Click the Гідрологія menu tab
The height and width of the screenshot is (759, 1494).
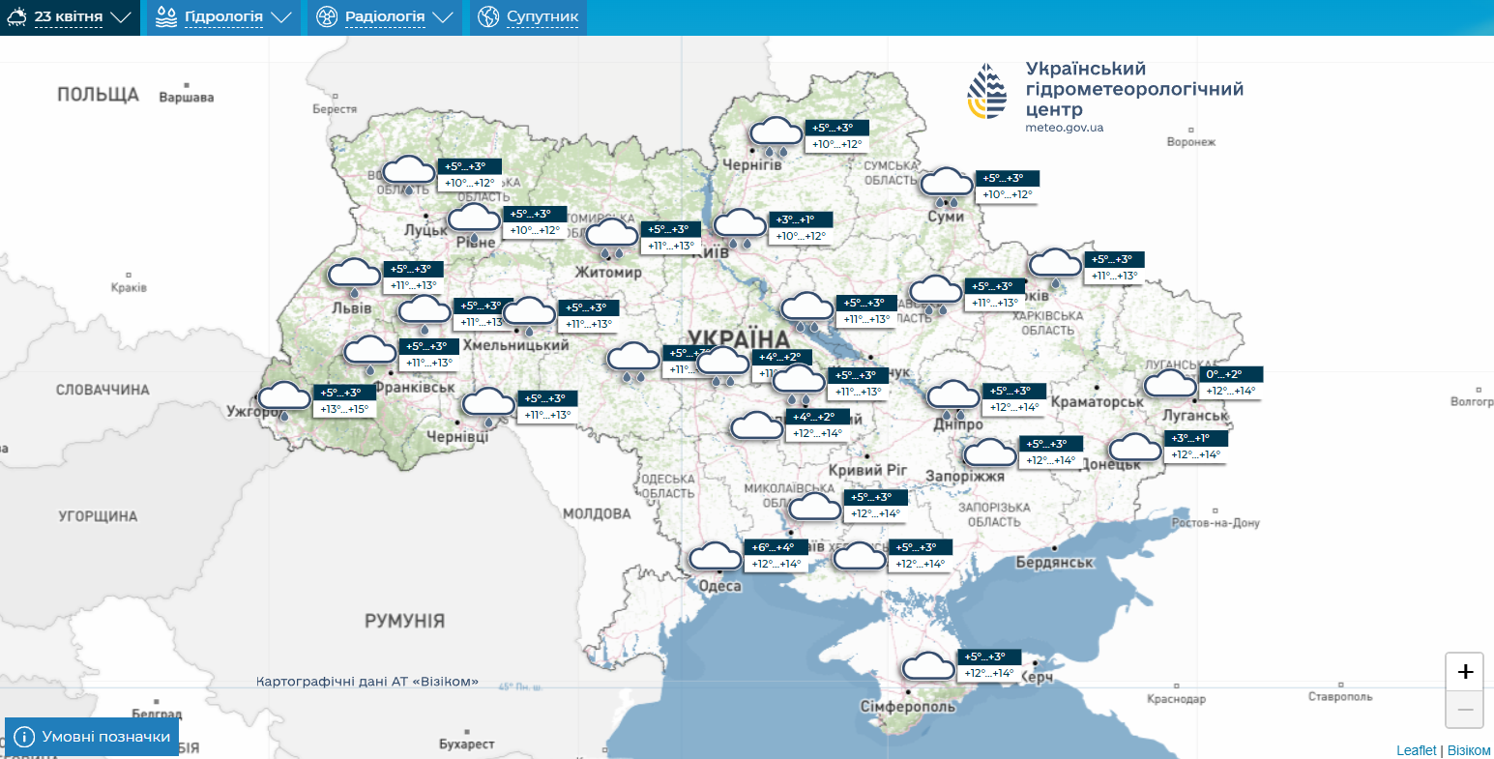(223, 17)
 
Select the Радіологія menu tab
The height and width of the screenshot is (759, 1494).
(385, 17)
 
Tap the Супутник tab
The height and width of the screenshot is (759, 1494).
(529, 17)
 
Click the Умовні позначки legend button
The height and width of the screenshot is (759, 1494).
(92, 737)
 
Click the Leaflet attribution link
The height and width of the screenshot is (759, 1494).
(1416, 751)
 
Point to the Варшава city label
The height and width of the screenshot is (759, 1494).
(186, 98)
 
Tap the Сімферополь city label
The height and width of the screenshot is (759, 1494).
(907, 707)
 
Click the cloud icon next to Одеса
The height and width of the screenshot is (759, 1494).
(715, 557)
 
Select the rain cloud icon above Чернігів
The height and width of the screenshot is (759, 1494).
(776, 135)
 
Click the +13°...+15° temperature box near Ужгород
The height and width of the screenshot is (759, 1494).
(344, 409)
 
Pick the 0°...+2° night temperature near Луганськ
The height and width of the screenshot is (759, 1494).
(1223, 374)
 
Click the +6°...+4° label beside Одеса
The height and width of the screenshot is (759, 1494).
(773, 547)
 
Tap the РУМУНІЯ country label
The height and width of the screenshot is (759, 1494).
(404, 622)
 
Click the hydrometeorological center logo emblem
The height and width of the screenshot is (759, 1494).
(987, 92)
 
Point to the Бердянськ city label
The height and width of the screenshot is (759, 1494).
(1054, 563)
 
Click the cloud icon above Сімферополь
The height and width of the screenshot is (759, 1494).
(928, 667)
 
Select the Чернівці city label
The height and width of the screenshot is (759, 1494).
(457, 437)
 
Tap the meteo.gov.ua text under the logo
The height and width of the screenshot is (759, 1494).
(1064, 128)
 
